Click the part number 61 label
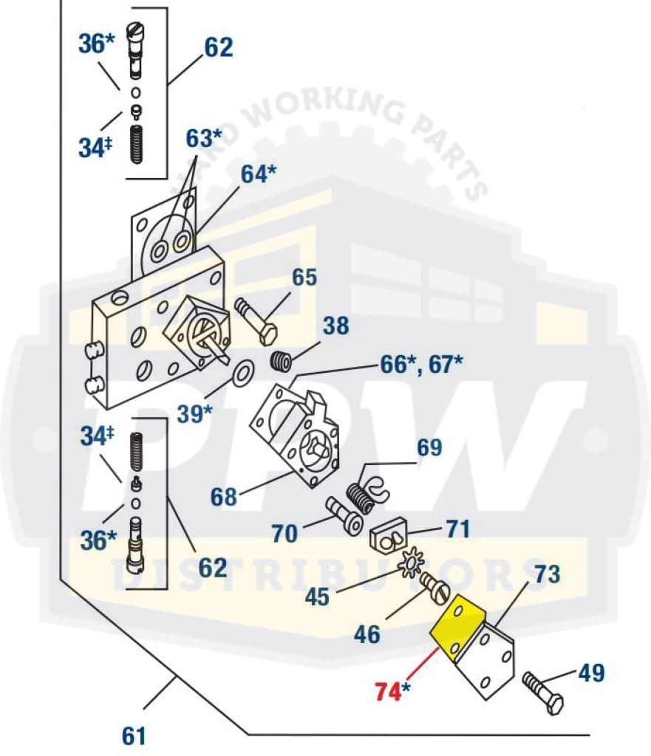[134, 736]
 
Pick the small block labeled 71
[389, 532]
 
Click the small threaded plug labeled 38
[279, 362]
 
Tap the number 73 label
[548, 574]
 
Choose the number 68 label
[223, 496]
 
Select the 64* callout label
[259, 175]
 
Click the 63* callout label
[204, 138]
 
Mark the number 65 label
[305, 278]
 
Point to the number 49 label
[591, 673]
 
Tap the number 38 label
[335, 326]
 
